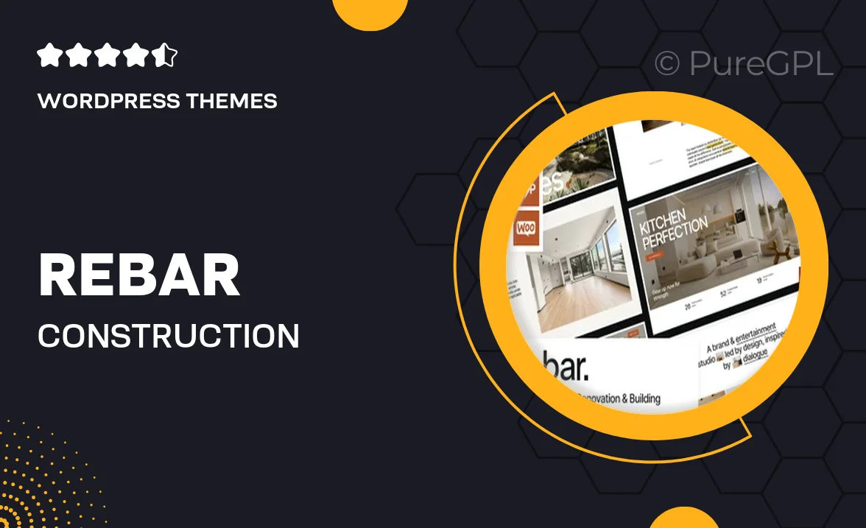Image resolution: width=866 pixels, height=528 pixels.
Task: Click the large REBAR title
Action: pyautogui.click(x=139, y=275)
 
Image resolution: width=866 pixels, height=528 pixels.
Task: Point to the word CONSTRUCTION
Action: pyautogui.click(x=169, y=336)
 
